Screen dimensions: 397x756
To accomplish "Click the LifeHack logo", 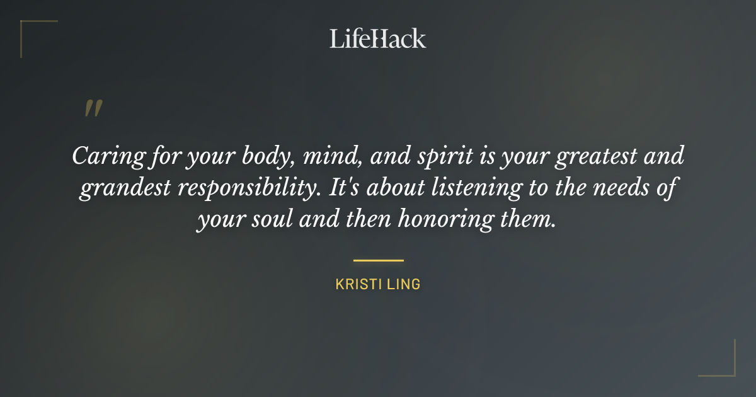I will (x=377, y=38).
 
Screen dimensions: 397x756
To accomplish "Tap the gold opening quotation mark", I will (x=93, y=109).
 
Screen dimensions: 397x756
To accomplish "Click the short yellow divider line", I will (x=378, y=260).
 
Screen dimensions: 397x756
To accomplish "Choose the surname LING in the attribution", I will (x=405, y=284).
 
